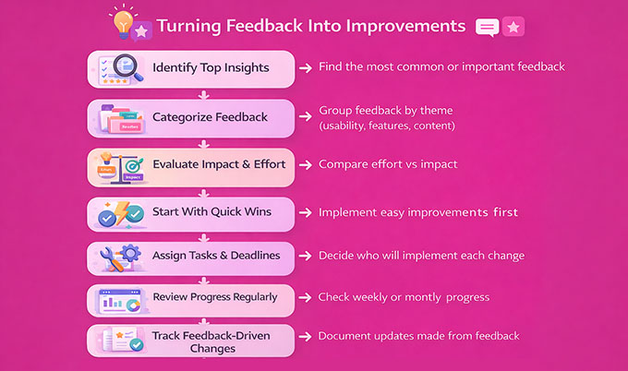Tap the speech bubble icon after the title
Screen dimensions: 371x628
487,27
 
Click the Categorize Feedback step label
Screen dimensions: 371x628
211,117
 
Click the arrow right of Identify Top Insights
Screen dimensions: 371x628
305,67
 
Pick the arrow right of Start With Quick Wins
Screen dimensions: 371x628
305,212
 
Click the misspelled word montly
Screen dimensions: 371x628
434,297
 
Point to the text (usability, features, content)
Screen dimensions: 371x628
387,126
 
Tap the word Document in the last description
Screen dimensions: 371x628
345,336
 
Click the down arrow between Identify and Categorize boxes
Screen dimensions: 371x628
202,93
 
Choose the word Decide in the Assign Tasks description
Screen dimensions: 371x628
338,256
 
